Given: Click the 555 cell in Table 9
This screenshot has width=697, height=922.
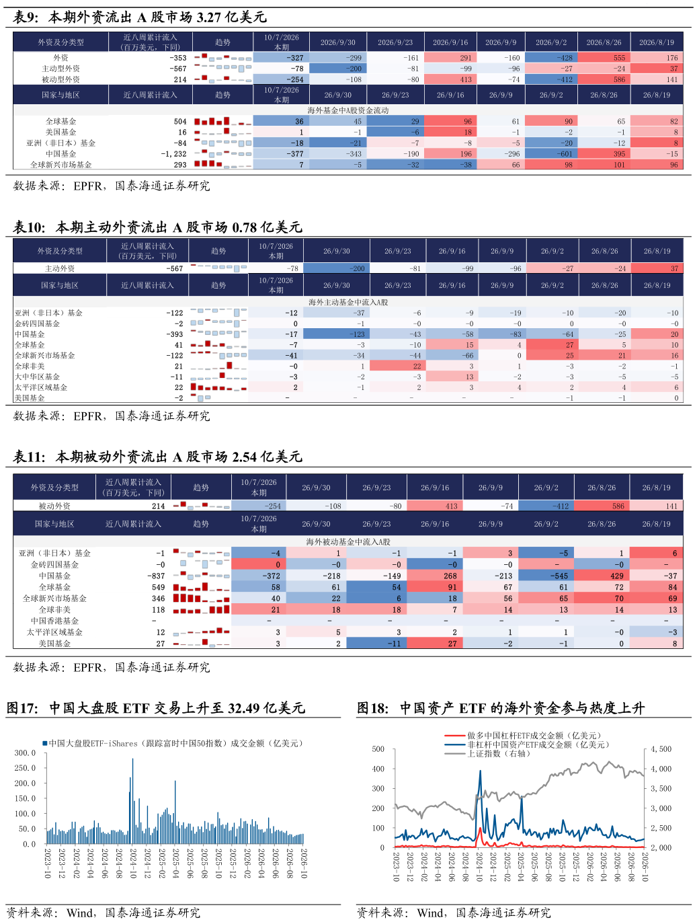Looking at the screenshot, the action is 619,58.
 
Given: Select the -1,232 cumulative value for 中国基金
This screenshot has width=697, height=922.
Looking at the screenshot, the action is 173,154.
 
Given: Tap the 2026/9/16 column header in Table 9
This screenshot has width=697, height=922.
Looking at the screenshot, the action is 450,42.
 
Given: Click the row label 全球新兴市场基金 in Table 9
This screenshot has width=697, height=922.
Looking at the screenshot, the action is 61,165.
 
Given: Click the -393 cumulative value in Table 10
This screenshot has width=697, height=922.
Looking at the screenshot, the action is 175,334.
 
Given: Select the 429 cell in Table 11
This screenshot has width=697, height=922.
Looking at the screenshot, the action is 616,576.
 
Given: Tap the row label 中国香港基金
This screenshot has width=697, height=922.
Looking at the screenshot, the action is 54,621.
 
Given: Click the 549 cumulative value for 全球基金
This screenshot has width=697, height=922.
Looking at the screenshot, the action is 158,587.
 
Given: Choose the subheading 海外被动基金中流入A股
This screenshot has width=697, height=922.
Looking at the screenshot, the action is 348,542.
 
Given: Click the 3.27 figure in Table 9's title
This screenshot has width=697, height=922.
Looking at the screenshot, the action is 208,17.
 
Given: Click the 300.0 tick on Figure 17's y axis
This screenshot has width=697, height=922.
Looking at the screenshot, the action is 25,753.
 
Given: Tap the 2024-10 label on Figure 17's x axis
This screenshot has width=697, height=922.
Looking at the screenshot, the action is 133,863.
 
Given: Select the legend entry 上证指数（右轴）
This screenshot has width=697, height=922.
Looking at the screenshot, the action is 499,753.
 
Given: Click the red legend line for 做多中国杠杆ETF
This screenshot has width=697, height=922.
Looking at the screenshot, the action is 455,736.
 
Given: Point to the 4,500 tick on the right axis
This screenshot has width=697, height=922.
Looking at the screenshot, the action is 661,749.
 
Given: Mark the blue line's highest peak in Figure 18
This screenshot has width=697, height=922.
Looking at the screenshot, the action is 480,771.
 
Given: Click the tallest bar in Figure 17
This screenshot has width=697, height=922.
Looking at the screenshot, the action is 132,801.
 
